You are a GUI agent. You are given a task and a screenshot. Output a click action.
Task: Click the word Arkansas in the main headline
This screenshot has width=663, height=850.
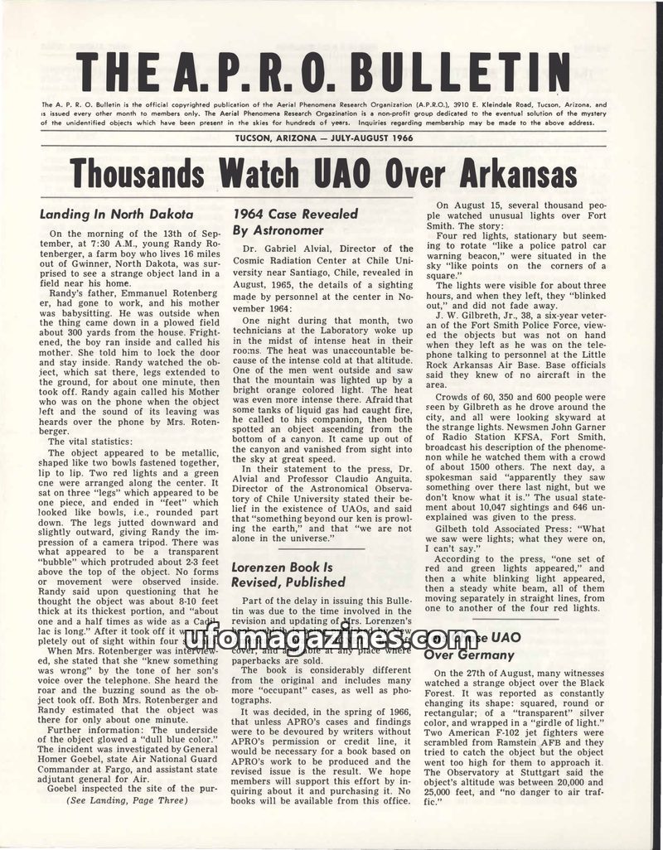506,173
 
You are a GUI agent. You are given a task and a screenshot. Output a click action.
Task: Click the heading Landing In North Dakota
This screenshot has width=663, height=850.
117,214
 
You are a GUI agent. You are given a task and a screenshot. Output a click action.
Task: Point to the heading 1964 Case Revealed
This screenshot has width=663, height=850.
295,214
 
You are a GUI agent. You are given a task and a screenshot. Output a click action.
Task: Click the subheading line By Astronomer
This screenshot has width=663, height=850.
278,229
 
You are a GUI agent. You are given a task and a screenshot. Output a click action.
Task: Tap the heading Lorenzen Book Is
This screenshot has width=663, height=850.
283,567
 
